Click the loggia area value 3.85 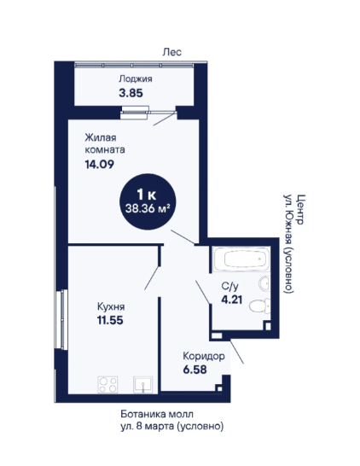[131, 93]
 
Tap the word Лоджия [136, 79]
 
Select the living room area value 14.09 [100, 164]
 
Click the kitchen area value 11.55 [110, 320]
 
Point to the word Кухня [111, 306]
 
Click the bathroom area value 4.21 [232, 300]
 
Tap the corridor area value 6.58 [195, 370]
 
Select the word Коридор [204, 356]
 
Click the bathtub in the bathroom [241, 259]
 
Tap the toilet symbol [259, 306]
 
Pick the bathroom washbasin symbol [264, 283]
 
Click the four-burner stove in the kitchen [107, 385]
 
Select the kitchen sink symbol [142, 385]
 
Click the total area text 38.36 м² [148, 208]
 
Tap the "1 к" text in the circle [147, 195]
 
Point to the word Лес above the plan [171, 52]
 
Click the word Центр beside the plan [300, 209]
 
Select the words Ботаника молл [157, 414]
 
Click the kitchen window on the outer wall [61, 319]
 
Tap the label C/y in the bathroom [229, 286]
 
